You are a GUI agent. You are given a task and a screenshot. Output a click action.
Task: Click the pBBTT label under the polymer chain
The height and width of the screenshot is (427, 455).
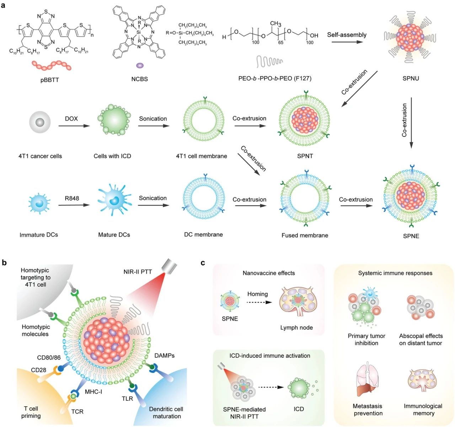(x=50, y=80)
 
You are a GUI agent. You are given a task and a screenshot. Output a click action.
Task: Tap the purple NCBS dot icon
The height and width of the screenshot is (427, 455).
(x=140, y=65)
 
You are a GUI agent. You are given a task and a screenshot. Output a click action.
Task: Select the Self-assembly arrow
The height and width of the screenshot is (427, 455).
(x=347, y=42)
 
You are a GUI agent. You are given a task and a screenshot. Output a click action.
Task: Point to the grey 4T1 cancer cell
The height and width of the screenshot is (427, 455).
(x=39, y=123)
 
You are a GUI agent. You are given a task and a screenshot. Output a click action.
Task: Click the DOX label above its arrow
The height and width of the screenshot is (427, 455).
(x=71, y=118)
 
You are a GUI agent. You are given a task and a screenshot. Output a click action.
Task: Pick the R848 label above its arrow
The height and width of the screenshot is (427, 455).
(x=72, y=198)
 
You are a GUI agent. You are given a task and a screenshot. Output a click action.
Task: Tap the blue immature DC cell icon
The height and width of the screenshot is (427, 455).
(x=39, y=202)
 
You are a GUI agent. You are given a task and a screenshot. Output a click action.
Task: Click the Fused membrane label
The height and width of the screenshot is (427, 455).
(x=305, y=235)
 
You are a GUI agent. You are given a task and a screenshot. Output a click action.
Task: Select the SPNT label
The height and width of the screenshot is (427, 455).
(x=305, y=156)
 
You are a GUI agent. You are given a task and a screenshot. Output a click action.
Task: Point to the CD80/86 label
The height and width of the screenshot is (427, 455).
(x=49, y=357)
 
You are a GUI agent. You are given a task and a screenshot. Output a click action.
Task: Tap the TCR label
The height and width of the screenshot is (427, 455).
(x=77, y=411)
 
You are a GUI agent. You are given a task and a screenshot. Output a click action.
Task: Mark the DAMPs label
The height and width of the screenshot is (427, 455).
(x=164, y=356)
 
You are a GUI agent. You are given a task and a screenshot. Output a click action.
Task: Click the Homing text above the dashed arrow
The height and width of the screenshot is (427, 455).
(x=257, y=294)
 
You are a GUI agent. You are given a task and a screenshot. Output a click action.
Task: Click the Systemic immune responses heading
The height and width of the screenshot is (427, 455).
(x=395, y=273)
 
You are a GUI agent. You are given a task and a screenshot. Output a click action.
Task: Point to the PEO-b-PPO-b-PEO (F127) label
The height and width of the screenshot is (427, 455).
(x=274, y=78)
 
